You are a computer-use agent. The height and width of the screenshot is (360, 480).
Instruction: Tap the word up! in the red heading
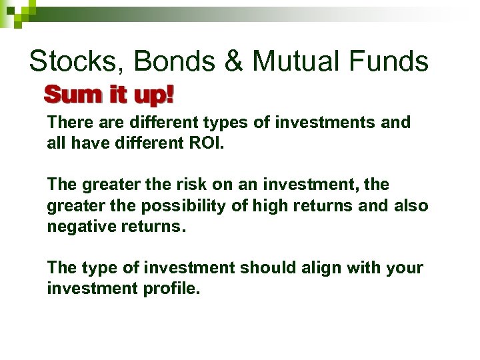(x=153, y=96)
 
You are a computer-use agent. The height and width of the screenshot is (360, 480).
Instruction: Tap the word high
(x=290, y=205)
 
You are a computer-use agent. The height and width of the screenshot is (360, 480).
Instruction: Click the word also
(x=411, y=205)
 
